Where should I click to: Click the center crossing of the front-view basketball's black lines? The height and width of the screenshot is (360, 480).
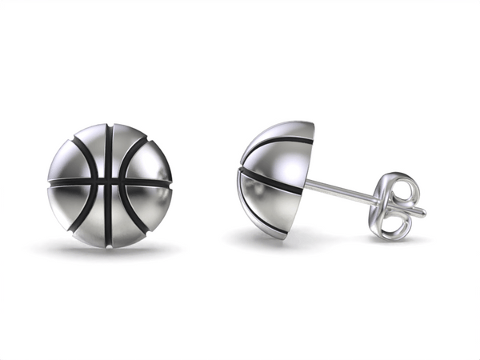[108, 183]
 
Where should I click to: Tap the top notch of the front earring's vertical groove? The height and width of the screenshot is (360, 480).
[108, 126]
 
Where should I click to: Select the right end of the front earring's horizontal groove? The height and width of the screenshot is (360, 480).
[169, 183]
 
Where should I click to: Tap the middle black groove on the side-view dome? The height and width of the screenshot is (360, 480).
[272, 181]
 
